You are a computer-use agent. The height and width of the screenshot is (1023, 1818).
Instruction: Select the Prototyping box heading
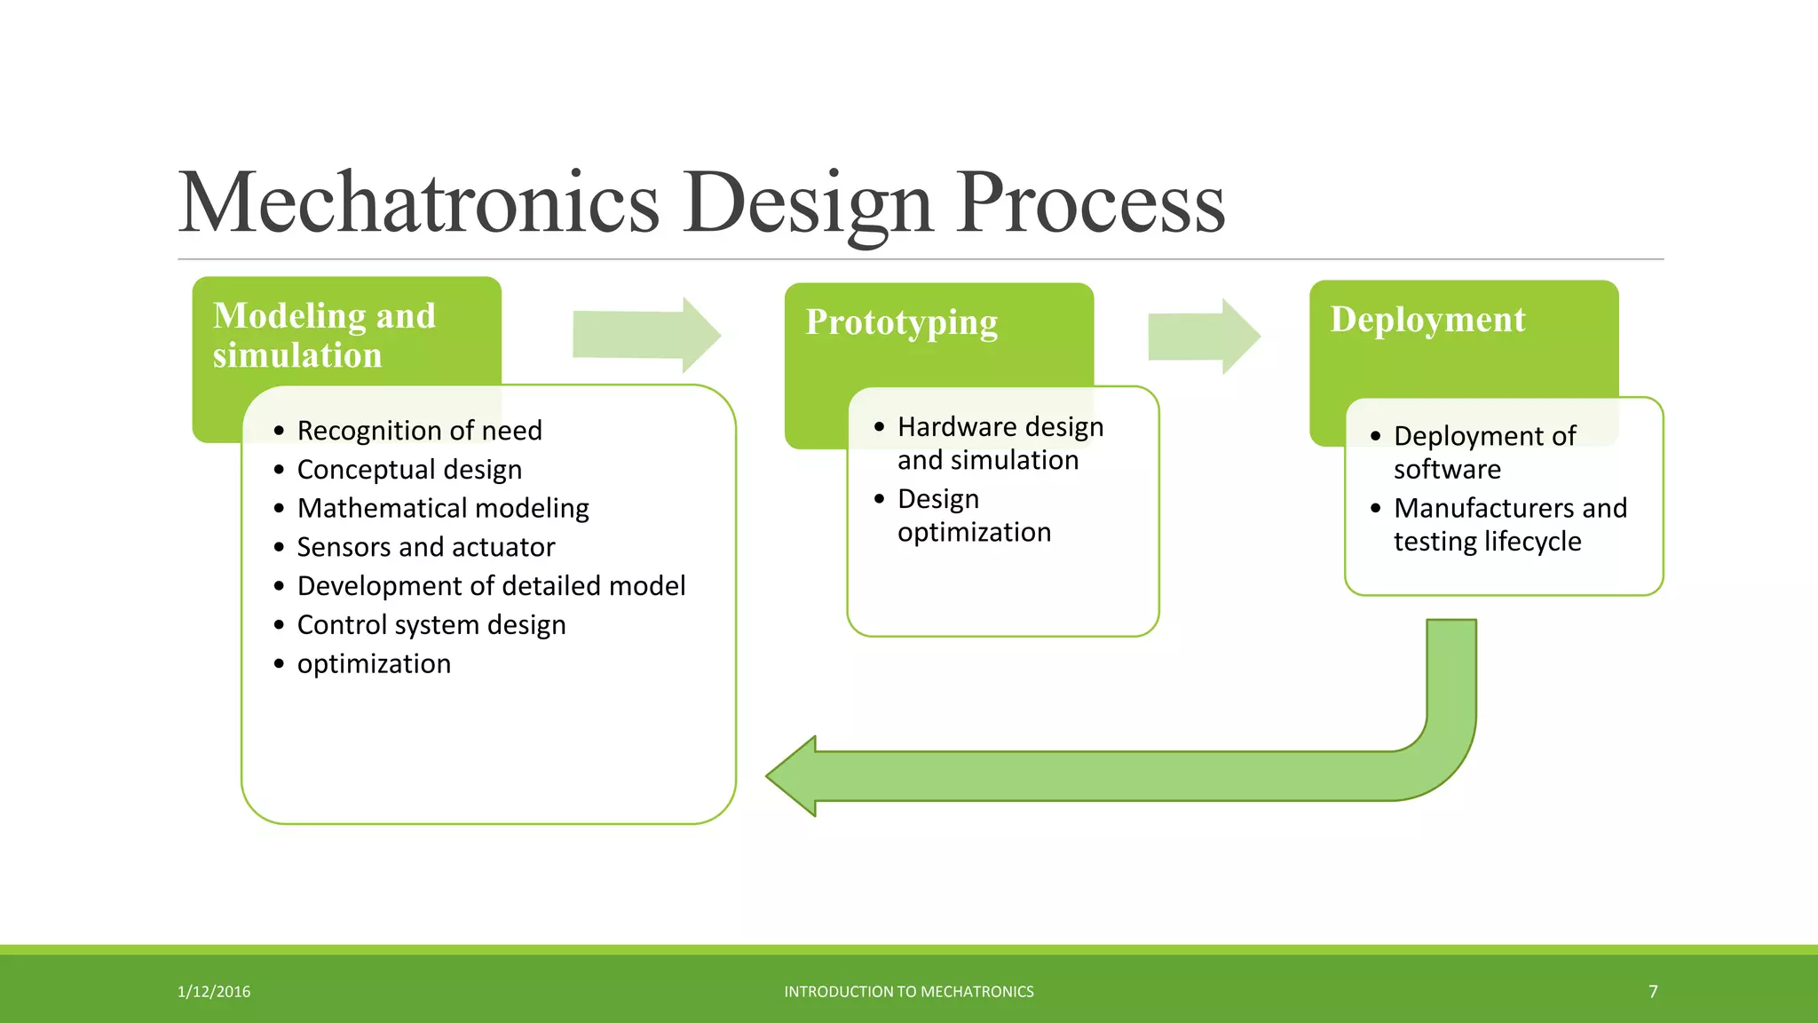pyautogui.click(x=901, y=322)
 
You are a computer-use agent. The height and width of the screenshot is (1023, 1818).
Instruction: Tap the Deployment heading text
pyautogui.click(x=1427, y=320)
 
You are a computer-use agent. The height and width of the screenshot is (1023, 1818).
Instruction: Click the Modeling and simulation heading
pyautogui.click(x=324, y=335)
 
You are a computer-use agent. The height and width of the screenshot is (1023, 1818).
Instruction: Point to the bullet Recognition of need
pyautogui.click(x=419, y=431)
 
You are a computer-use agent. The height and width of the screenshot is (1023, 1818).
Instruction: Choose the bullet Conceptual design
pyautogui.click(x=409, y=470)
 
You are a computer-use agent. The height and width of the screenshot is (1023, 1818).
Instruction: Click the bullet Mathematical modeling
pyautogui.click(x=443, y=508)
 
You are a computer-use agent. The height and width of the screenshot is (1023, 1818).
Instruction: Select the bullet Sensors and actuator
pyautogui.click(x=426, y=547)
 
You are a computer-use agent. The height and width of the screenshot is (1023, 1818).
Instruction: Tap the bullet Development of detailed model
pyautogui.click(x=491, y=586)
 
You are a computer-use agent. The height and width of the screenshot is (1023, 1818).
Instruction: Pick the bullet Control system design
pyautogui.click(x=431, y=625)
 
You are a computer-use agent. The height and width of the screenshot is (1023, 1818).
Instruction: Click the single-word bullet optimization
pyautogui.click(x=374, y=664)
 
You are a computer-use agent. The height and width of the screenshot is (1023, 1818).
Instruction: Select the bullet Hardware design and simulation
pyautogui.click(x=1000, y=443)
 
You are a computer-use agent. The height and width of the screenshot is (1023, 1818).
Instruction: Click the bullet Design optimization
pyautogui.click(x=973, y=515)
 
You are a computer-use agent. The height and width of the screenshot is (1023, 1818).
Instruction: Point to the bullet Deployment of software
pyautogui.click(x=1484, y=452)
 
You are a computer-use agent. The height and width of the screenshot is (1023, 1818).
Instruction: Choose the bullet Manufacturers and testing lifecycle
pyautogui.click(x=1509, y=524)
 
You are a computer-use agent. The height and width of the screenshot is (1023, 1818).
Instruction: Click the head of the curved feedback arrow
pyautogui.click(x=794, y=776)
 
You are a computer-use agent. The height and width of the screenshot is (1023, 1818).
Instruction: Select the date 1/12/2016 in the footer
pyautogui.click(x=214, y=991)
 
